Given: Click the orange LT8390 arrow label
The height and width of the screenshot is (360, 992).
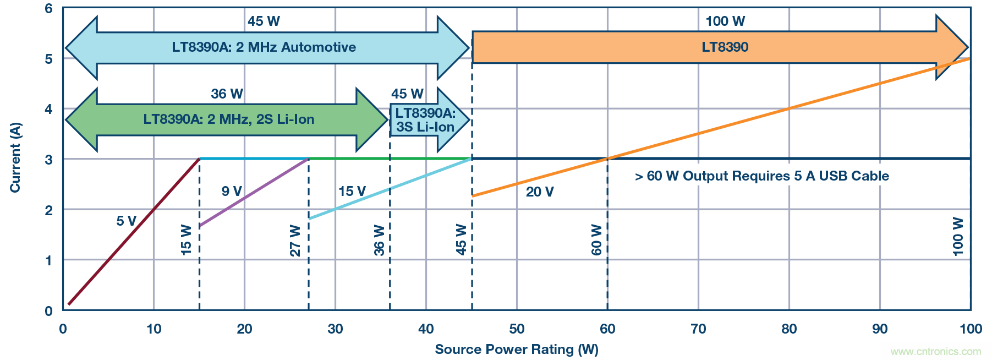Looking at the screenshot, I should (x=725, y=47).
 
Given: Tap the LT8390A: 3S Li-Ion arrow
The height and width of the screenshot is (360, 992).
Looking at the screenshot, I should (x=425, y=120).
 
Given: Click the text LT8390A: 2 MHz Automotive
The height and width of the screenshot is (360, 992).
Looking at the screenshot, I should (x=264, y=47).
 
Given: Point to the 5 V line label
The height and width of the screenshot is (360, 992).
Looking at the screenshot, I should (x=126, y=221).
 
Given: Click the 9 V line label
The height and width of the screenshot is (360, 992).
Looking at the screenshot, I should (x=232, y=191).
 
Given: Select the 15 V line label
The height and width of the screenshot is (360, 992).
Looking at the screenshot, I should (x=352, y=191).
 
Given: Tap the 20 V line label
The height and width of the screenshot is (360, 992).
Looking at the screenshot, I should (x=540, y=192).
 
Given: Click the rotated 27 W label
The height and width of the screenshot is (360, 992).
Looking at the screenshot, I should (x=295, y=241).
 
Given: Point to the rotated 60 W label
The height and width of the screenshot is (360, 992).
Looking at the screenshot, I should (x=597, y=240).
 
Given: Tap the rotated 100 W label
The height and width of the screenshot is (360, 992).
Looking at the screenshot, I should (x=958, y=237).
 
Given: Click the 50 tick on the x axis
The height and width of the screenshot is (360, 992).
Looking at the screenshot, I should (x=517, y=329).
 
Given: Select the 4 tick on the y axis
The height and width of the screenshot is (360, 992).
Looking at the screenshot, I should (x=49, y=109).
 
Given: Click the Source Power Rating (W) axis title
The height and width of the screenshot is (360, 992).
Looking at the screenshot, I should (x=516, y=350).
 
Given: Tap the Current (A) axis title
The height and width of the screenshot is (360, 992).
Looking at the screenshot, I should (x=15, y=158).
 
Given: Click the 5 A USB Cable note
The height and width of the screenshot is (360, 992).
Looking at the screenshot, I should (x=761, y=176).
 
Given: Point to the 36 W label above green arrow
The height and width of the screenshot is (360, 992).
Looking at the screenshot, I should (x=227, y=94).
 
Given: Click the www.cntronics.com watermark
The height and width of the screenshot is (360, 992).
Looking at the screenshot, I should (x=935, y=351).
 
